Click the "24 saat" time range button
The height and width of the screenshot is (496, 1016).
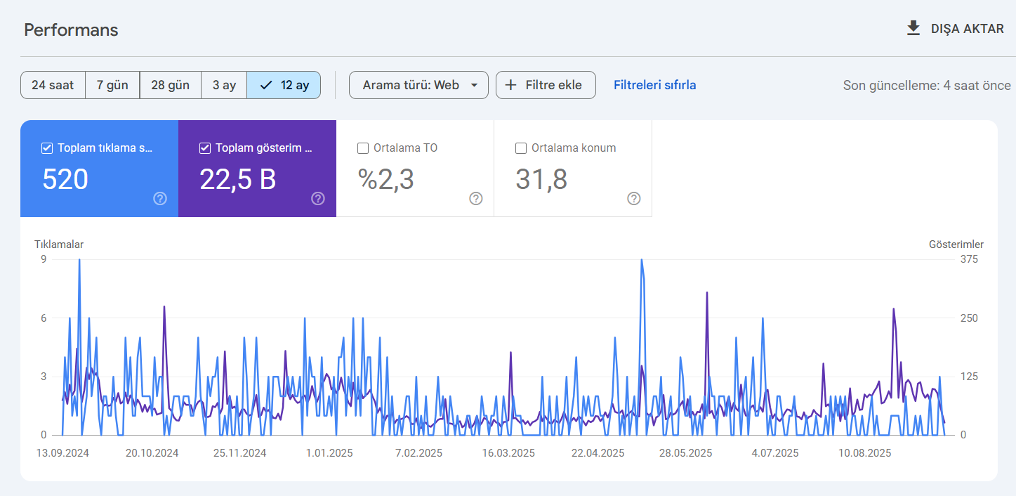coord(53,85)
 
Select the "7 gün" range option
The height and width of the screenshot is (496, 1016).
coord(112,85)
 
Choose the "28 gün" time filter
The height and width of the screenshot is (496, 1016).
coord(170,85)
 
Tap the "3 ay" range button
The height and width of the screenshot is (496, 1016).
coord(224,85)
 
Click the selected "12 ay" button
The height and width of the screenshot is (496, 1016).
coord(284,85)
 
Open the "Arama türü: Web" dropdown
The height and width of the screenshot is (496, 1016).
coord(418,85)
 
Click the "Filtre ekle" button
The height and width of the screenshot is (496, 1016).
coord(546,85)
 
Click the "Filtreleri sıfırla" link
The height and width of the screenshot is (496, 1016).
coord(654,85)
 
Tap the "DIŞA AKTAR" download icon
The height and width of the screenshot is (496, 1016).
coord(913,28)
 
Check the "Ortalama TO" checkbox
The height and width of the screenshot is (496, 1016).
coord(363,148)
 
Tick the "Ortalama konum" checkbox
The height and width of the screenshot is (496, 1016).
coord(521,148)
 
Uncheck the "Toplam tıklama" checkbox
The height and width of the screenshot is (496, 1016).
coord(47,148)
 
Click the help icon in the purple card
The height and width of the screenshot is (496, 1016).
coord(318,198)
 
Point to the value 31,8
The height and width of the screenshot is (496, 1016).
coord(541,179)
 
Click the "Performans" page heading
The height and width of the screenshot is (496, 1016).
coord(71,30)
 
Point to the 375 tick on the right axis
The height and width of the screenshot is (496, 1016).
coord(969,259)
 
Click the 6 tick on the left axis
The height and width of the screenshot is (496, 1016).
coord(44,318)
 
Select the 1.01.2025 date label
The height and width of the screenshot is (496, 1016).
coord(329,453)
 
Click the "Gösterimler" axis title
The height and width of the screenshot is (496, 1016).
coord(956,244)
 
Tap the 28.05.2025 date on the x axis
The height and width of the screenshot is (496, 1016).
coord(685,453)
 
